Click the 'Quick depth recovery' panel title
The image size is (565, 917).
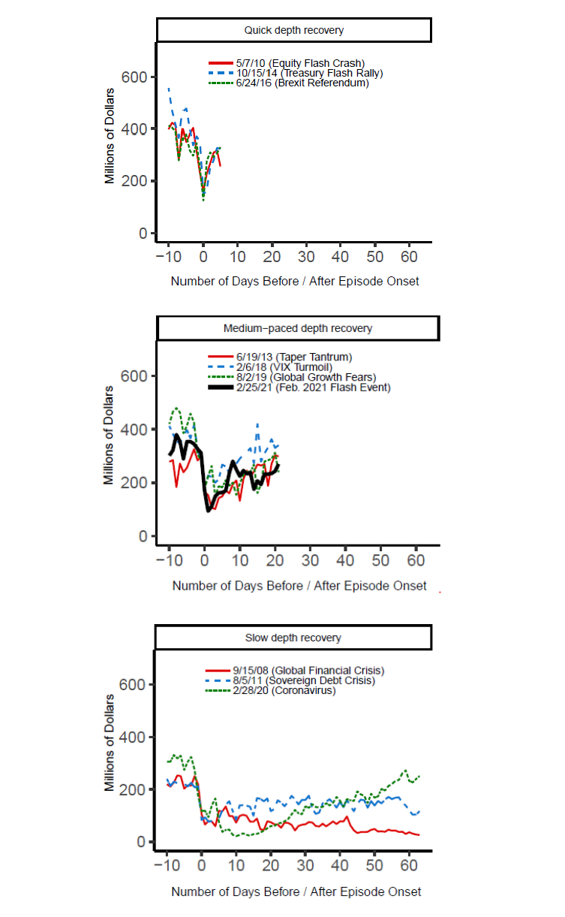(x=294, y=31)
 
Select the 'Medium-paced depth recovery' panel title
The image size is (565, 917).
(x=297, y=328)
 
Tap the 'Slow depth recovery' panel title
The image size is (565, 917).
(x=293, y=638)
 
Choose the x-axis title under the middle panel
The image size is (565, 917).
(x=299, y=586)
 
